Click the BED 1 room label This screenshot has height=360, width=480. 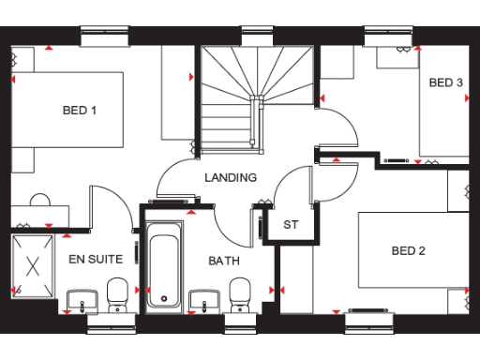coord(80,111)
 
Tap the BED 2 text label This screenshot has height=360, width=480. coord(409,250)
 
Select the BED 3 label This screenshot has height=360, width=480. coord(446,82)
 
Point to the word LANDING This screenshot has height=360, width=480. coord(231,177)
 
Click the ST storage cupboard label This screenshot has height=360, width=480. coord(291,225)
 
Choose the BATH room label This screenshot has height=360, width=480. coord(225,261)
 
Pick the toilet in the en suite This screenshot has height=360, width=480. coord(118,295)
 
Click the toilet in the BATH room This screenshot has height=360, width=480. coord(241,295)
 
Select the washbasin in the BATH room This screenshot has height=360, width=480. coord(202,301)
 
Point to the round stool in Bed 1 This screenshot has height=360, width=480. coord(40,201)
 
